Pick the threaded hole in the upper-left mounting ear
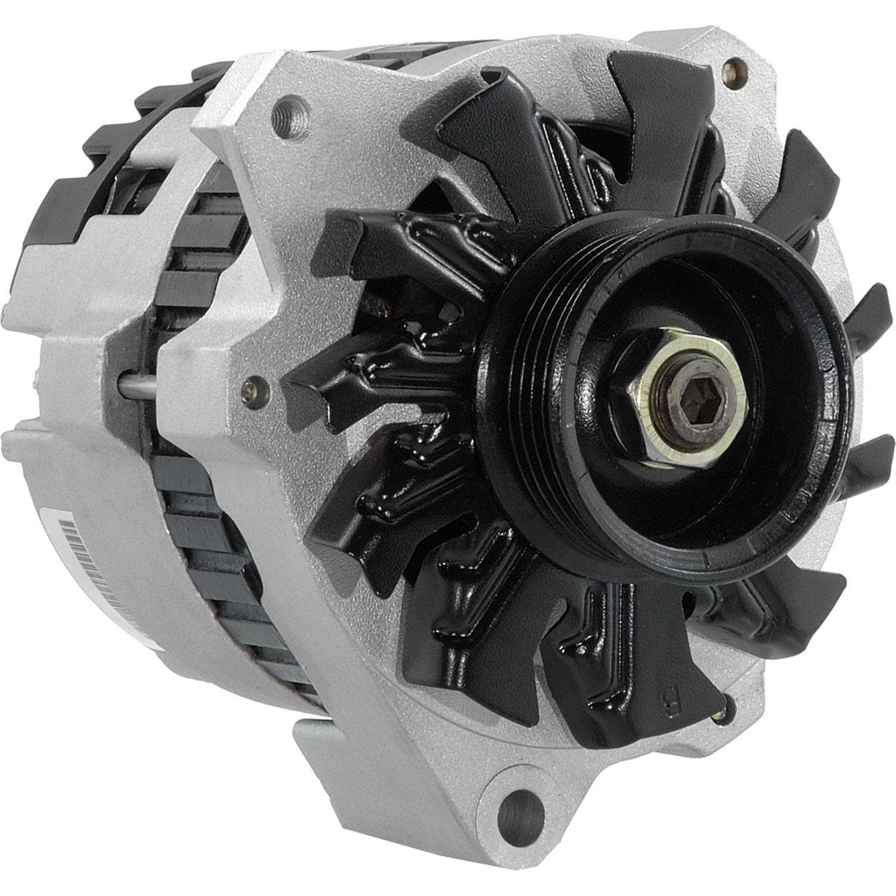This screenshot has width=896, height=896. pyautogui.click(x=300, y=113)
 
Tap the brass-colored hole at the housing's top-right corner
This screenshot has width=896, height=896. pyautogui.click(x=737, y=64)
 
